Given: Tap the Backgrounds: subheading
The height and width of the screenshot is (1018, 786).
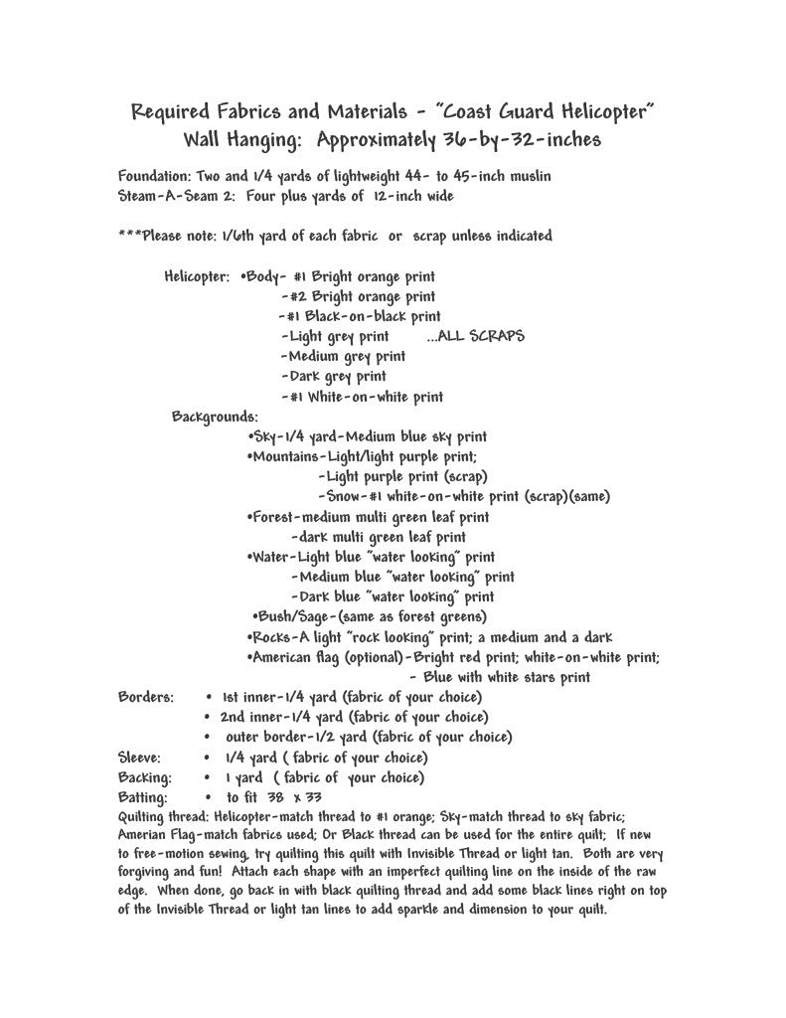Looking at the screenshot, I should coord(215,417).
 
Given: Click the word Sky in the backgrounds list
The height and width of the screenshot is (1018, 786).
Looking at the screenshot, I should coord(265,436).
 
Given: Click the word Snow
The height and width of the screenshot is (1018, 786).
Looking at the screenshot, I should coord(343,496).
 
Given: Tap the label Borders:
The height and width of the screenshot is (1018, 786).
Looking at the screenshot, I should coord(146,696).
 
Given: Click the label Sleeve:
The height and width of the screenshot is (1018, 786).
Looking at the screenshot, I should coord(139,757).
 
